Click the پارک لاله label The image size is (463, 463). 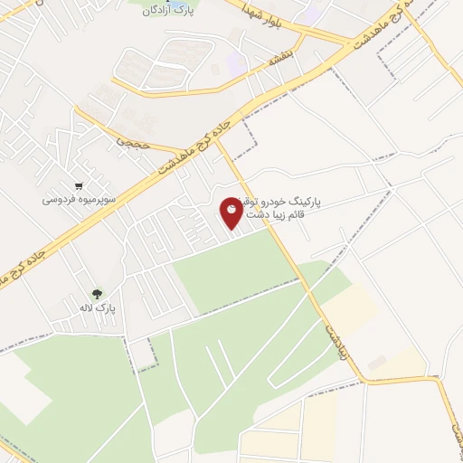pos(97,309)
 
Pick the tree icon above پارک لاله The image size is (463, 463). pos(97,293)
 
